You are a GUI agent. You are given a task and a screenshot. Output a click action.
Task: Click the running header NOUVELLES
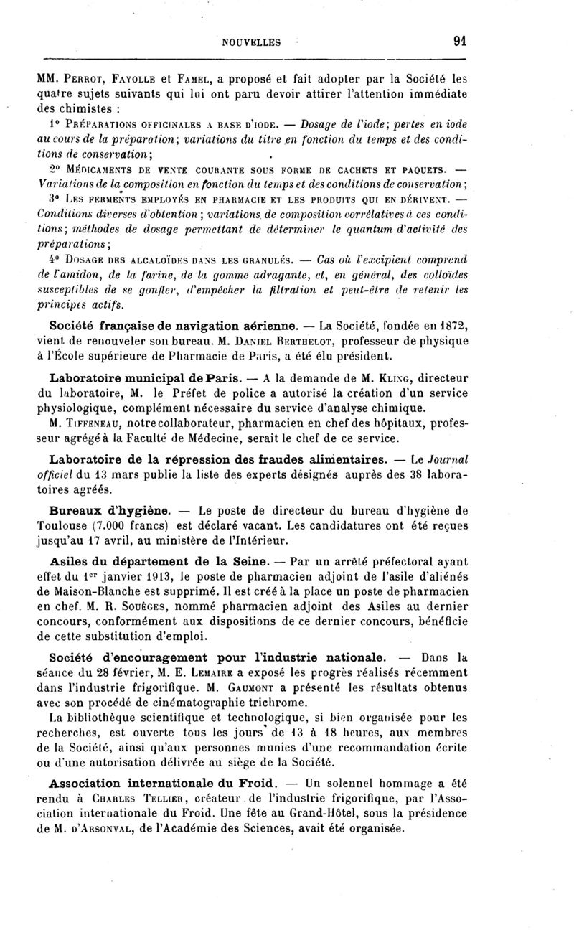(252, 42)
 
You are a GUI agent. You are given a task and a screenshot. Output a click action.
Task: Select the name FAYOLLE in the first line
(136, 77)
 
